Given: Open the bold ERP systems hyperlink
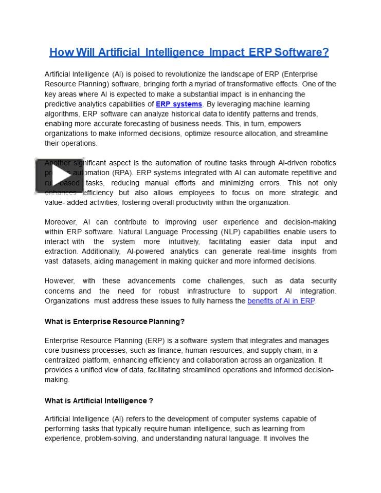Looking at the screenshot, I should [x=179, y=104].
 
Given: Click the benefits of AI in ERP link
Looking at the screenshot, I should [x=281, y=301].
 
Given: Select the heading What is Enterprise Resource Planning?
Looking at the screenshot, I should [x=115, y=321].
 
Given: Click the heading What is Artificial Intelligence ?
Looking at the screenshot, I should [x=99, y=401].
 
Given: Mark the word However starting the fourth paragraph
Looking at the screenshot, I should [x=60, y=281].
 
